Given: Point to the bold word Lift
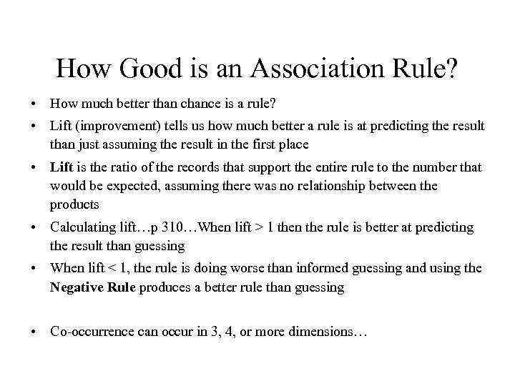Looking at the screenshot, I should (x=62, y=167).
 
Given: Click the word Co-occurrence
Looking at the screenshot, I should (x=92, y=332).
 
